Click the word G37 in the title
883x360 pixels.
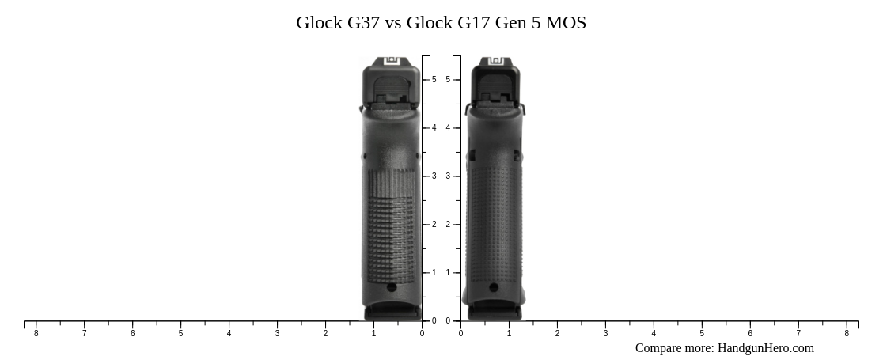(x=363, y=23)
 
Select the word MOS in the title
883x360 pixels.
(x=566, y=23)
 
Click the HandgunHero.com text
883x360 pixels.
(x=765, y=348)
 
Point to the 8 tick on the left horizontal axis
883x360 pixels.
(x=36, y=333)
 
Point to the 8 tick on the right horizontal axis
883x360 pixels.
(x=847, y=333)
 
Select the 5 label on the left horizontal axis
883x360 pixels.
(x=180, y=333)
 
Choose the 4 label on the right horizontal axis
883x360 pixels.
(x=654, y=333)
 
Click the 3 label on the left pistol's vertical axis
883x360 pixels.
(x=434, y=176)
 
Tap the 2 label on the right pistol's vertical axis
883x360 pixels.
(x=448, y=225)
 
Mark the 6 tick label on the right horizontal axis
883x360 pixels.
(x=750, y=333)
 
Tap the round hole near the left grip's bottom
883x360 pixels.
(x=391, y=288)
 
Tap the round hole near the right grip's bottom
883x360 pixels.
(x=495, y=288)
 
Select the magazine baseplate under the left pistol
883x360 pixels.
(x=392, y=313)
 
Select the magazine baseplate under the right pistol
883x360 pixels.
(x=495, y=313)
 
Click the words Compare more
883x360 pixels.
(x=673, y=348)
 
